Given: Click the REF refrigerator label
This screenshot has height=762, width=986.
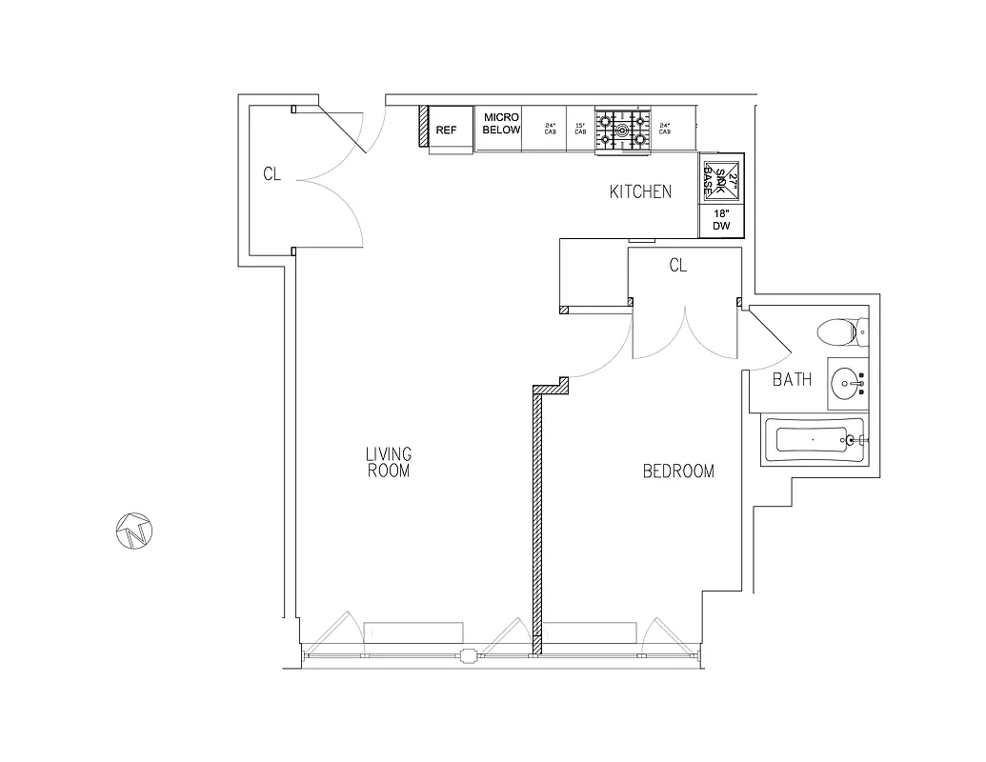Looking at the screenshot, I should coord(447,130).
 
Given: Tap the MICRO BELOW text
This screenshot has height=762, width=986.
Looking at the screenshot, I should coord(502,123).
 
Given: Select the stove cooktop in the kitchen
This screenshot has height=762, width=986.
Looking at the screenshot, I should coord(622,130).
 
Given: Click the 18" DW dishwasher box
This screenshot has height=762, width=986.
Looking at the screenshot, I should coord(721,221).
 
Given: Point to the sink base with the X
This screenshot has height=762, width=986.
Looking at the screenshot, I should coord(721,176).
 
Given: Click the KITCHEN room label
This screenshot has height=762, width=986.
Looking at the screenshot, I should coord(640,191).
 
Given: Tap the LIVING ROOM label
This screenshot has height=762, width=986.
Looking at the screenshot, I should coord(388,462).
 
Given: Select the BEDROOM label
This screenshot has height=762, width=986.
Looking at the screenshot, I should coord(678,471).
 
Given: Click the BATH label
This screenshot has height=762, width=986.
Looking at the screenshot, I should coord(792,380).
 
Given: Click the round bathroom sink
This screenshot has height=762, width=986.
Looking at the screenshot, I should coord(847,383).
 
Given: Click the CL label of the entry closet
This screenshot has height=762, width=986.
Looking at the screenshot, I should coord(272,175).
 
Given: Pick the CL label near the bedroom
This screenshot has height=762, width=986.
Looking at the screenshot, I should coord(677,267).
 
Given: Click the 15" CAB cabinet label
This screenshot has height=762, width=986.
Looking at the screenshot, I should coord(579,129).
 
